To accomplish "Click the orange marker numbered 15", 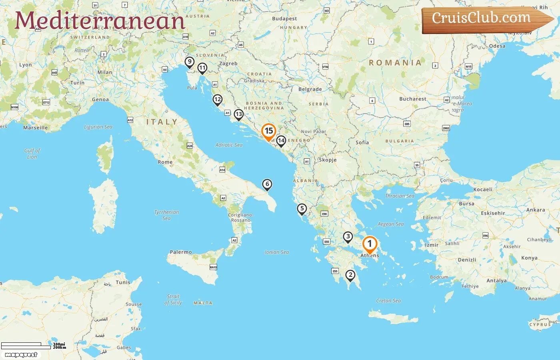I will (269, 131).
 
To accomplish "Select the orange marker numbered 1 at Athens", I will (370, 244).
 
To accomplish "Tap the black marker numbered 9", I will (190, 62).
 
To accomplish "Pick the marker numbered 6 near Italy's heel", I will (267, 184).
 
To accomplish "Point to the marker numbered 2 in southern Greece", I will (350, 275).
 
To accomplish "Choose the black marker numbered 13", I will (238, 114).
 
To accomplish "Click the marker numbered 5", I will (302, 208).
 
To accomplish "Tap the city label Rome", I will (165, 162).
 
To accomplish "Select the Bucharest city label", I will (412, 99).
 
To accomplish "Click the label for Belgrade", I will (310, 89).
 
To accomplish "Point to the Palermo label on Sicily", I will (181, 252).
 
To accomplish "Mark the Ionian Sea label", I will (276, 252).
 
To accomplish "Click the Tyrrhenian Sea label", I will (166, 215).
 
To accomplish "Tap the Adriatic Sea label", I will (229, 145).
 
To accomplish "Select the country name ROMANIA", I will (395, 63).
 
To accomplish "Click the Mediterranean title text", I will (100, 21).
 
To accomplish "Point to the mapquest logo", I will (21, 355).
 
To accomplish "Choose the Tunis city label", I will (123, 282).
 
